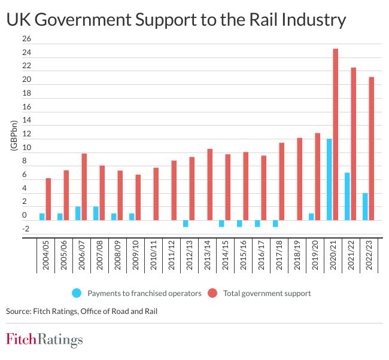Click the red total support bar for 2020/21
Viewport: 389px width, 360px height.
(336, 135)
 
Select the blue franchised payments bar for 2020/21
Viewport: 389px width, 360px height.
(329, 179)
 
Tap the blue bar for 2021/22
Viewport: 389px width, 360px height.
(347, 196)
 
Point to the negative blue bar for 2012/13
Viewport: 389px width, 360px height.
(186, 224)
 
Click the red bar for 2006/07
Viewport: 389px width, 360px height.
(84, 187)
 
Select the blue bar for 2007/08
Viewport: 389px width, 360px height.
(96, 213)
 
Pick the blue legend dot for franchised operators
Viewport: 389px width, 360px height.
(76, 293)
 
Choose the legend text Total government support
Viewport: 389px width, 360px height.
(267, 293)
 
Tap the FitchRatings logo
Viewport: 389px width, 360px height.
(44, 341)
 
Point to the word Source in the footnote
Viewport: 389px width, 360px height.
(19, 311)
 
